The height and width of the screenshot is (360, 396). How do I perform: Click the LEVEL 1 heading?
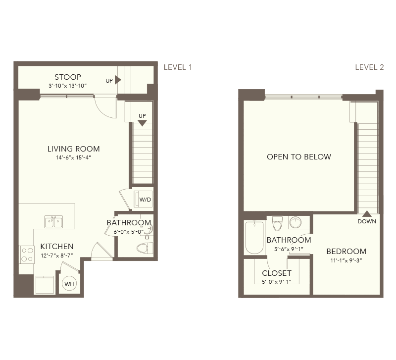[x=178, y=67]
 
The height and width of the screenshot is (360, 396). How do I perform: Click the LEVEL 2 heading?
[x=369, y=67]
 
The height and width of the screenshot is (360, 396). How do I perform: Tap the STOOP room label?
[x=68, y=77]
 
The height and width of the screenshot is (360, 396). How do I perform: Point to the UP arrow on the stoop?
[x=118, y=80]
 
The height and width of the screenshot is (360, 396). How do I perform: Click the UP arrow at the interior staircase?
[x=142, y=123]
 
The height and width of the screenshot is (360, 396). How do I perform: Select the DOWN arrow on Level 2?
[x=367, y=214]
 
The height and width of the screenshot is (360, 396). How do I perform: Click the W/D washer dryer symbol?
[x=143, y=200]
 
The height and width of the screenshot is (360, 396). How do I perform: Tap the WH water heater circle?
[x=69, y=284]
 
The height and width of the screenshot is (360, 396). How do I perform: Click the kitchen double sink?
[x=53, y=222]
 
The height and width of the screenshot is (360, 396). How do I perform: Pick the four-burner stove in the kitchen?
[x=27, y=255]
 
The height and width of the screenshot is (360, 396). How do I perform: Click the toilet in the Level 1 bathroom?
[x=145, y=248]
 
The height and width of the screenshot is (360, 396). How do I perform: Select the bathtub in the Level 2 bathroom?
[x=254, y=237]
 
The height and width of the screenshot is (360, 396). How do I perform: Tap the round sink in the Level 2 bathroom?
[x=296, y=222]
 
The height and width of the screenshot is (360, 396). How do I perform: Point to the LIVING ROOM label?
[x=73, y=149]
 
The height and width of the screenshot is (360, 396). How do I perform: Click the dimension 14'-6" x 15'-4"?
[x=73, y=157]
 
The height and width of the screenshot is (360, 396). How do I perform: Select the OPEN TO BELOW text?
[x=299, y=156]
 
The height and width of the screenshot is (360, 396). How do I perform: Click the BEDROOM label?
[x=346, y=252]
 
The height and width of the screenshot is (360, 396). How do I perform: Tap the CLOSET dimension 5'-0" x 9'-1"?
[x=277, y=282]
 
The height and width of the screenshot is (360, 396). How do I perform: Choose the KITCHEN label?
[x=57, y=246]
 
